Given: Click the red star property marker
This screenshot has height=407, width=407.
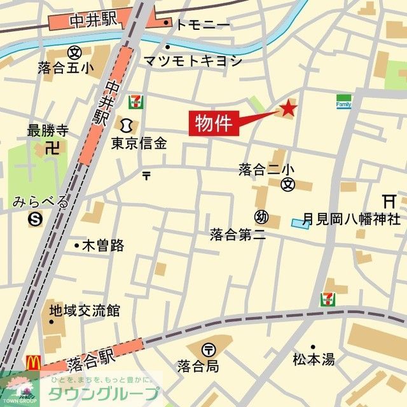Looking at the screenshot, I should [287, 109].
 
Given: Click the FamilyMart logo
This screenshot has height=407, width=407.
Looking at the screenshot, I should [344, 102].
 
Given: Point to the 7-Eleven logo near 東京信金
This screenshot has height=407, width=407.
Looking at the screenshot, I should [135, 101].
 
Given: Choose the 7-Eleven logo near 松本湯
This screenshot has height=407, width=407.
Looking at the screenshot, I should [329, 300].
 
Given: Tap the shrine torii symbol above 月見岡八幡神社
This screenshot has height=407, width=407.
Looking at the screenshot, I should [389, 200].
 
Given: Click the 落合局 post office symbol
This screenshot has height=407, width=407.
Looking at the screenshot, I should [208, 348].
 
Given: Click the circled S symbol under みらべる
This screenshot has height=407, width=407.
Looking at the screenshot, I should [34, 219].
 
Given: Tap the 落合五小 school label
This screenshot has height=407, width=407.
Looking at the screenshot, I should [65, 67].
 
